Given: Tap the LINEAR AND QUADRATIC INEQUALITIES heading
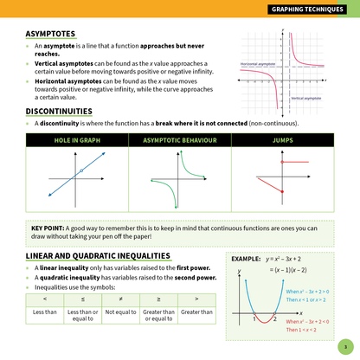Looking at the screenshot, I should (98, 256).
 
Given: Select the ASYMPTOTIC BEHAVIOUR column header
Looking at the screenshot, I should (178, 138).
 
